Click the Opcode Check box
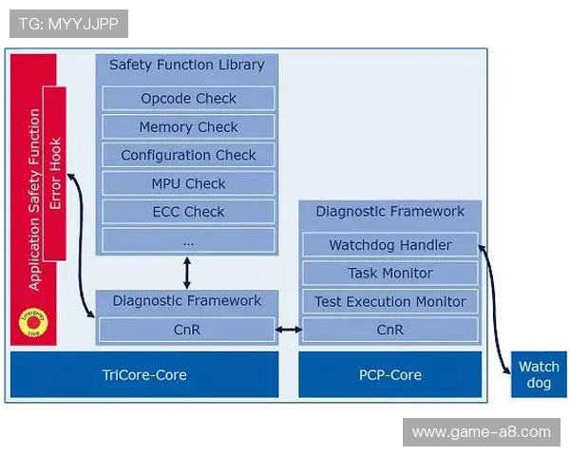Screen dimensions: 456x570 pyautogui.click(x=188, y=99)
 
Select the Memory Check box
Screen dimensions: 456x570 pyautogui.click(x=188, y=127)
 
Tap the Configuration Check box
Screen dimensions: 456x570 pyautogui.click(x=188, y=156)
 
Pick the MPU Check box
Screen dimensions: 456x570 pyautogui.click(x=188, y=183)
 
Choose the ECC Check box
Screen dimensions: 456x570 pyautogui.click(x=188, y=212)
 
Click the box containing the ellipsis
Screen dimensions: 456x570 pyautogui.click(x=188, y=240)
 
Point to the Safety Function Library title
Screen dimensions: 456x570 pyautogui.click(x=186, y=66)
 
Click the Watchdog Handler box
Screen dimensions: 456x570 pyautogui.click(x=389, y=245)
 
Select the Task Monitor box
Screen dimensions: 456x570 pyautogui.click(x=389, y=274)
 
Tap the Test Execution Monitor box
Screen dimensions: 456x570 pyautogui.click(x=389, y=302)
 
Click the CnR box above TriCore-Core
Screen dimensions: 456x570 pyautogui.click(x=186, y=331)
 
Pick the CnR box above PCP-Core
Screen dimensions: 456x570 pyautogui.click(x=389, y=331)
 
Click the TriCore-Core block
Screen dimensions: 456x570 pyautogui.click(x=143, y=374)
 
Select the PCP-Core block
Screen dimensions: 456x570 pyautogui.click(x=389, y=374)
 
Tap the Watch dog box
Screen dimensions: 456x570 pyautogui.click(x=539, y=374)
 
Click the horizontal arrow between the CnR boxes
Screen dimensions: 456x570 pyautogui.click(x=288, y=331)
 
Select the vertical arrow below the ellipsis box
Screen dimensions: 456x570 pyautogui.click(x=187, y=272)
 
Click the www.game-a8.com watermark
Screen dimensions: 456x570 pyautogui.click(x=482, y=432)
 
